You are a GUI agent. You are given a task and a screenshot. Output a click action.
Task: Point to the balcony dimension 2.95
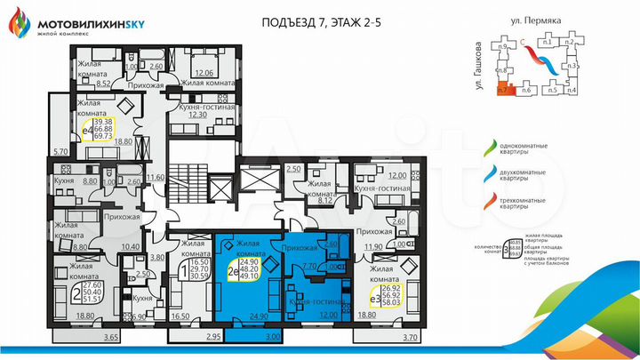point(212,338)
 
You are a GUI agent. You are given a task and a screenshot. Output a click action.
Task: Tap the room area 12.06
point(205,73)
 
